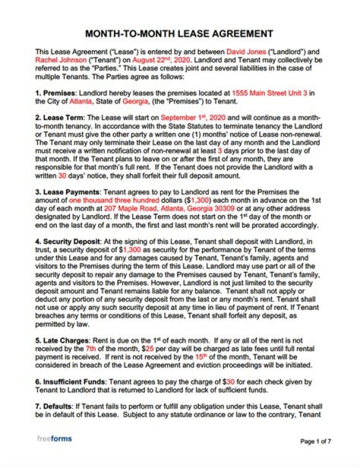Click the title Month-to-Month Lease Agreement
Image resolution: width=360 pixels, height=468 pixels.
179,34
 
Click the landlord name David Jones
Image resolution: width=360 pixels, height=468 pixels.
244,51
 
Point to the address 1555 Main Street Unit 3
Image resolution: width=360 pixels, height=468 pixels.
272,93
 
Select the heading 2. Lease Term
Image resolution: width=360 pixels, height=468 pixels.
56,117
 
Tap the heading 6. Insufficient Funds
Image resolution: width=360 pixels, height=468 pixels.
70,382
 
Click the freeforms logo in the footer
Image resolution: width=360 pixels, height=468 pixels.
54,438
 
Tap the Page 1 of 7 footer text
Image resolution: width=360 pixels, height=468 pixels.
315,441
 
